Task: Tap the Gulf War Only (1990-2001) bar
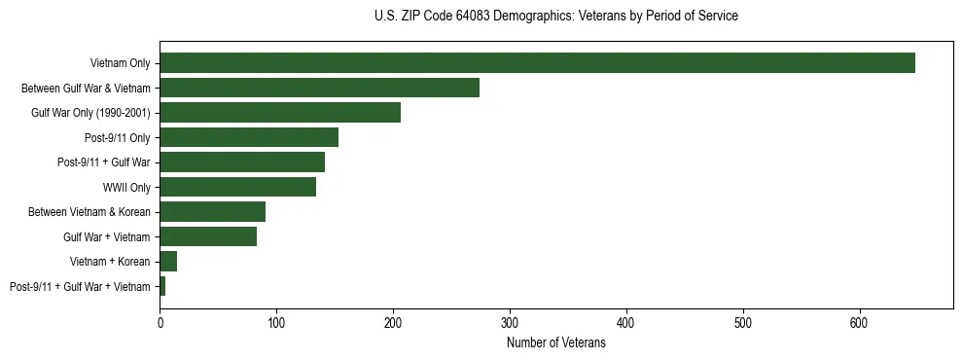tap(280, 113)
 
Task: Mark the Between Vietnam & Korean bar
tap(213, 212)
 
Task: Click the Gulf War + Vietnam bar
tap(208, 236)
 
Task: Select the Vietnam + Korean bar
tap(168, 262)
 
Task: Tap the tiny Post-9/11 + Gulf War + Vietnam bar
tap(162, 286)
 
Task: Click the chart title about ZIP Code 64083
tap(555, 17)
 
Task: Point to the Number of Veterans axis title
tap(555, 342)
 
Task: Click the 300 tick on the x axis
tap(510, 321)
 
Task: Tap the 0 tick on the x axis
tap(160, 321)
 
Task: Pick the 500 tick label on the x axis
tap(743, 321)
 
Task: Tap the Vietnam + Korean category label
tap(110, 262)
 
